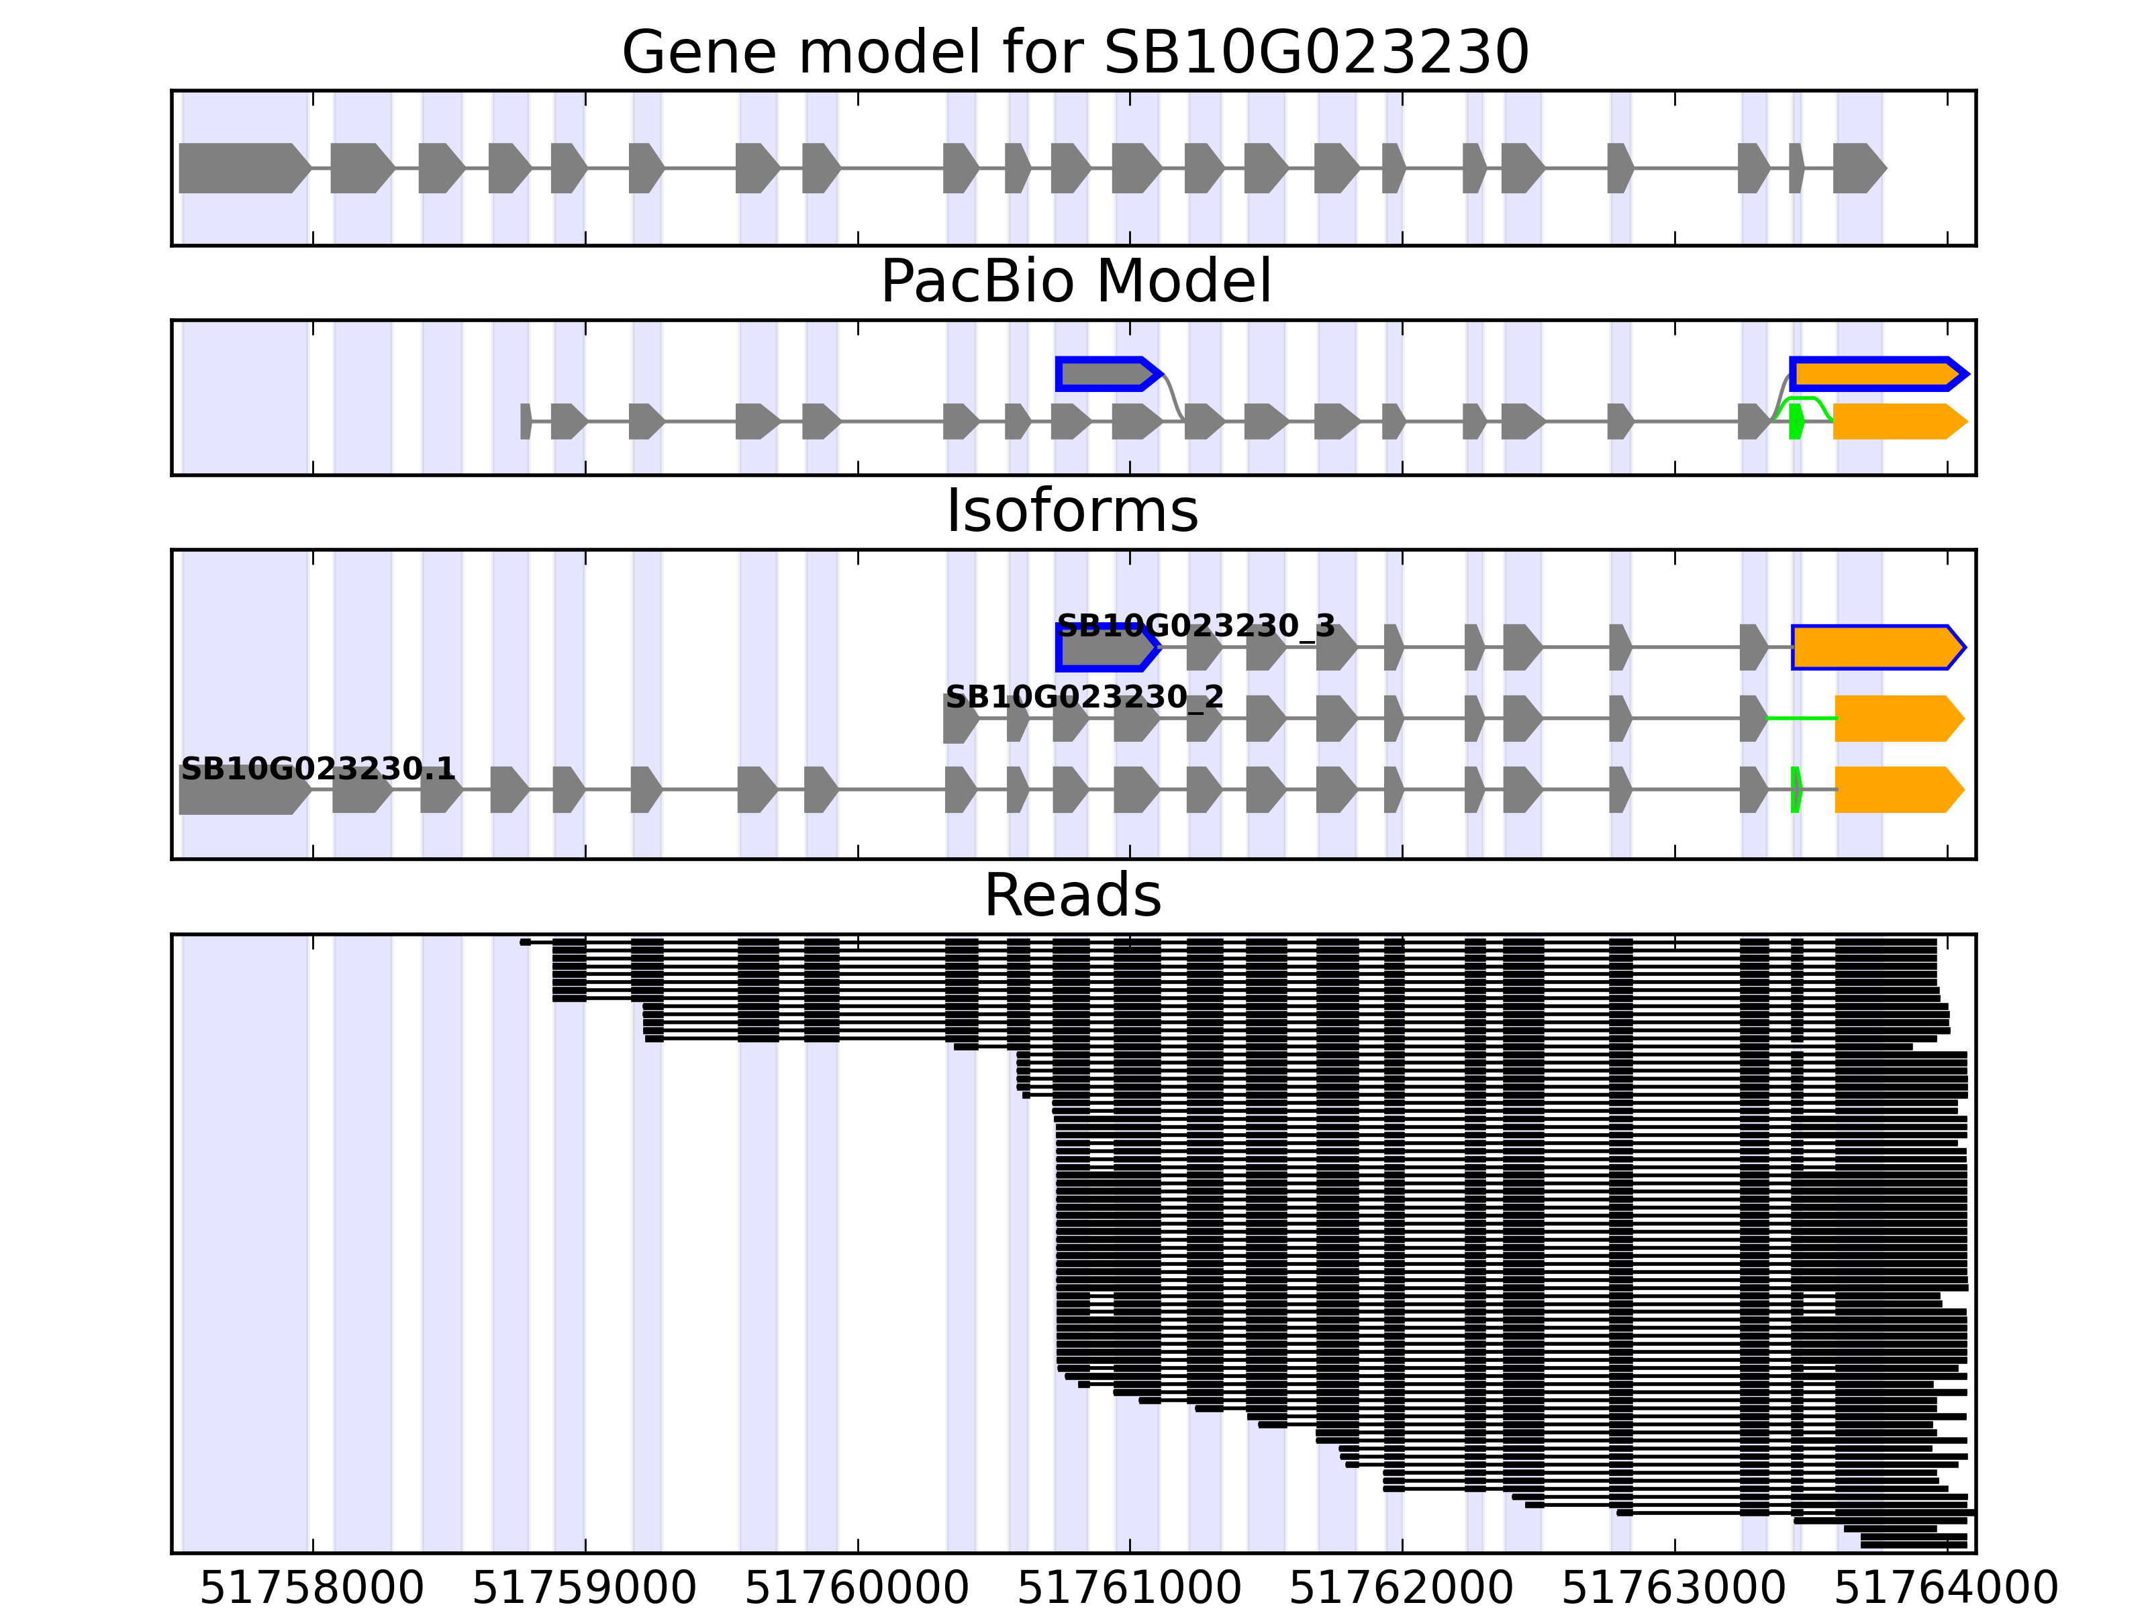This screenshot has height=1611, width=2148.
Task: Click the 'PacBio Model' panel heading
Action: point(1074,282)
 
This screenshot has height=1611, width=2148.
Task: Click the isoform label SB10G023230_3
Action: point(1195,626)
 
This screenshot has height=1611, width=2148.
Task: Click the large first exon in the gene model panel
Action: point(243,168)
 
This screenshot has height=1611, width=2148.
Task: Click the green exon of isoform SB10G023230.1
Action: point(1796,789)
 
